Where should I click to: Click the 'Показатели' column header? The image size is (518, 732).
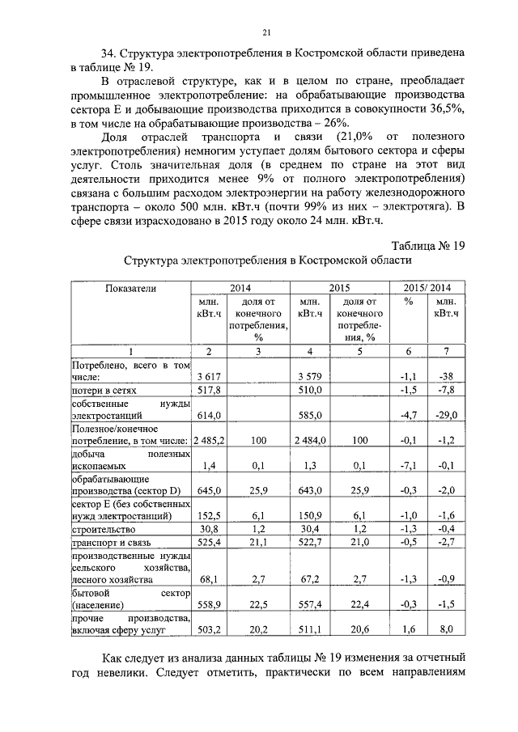tap(129, 287)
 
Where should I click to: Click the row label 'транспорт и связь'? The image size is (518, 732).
tap(111, 541)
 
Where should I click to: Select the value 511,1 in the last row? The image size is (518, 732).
tap(310, 628)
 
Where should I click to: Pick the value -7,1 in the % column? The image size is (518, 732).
tap(408, 465)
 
